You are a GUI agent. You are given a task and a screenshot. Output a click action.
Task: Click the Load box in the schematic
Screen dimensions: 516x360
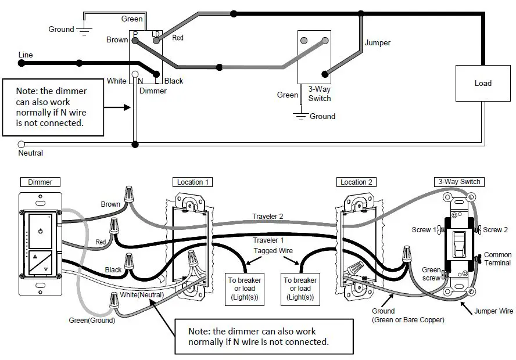[483, 83]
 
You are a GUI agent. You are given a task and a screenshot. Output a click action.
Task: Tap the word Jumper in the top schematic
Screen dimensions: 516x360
[378, 43]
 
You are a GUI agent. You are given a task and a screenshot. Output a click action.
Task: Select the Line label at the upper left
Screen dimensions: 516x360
[26, 55]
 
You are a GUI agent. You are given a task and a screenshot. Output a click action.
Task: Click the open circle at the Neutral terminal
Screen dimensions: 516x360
[21, 144]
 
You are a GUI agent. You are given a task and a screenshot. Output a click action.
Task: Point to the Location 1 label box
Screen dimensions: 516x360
[192, 182]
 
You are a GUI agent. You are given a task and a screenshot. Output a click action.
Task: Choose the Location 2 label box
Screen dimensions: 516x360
[356, 182]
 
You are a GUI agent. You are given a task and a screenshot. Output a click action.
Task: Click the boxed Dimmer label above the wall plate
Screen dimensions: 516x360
[40, 182]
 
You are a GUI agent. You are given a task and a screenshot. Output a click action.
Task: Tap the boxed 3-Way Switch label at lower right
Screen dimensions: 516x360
[459, 182]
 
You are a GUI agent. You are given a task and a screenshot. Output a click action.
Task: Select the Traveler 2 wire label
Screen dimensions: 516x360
[267, 217]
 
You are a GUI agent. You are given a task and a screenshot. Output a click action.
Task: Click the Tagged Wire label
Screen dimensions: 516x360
[273, 250]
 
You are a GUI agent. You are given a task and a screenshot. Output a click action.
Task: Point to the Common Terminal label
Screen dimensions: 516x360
[497, 259]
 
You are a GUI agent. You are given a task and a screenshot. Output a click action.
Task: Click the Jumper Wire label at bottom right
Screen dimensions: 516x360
[493, 311]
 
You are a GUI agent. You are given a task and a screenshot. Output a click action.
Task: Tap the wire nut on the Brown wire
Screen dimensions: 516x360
[128, 194]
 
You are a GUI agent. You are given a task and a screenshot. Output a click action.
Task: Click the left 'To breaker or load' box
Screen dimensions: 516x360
[245, 289]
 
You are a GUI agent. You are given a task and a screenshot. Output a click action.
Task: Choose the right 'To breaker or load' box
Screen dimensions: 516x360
[300, 289]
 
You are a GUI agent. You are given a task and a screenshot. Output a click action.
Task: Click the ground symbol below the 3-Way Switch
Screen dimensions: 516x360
[301, 116]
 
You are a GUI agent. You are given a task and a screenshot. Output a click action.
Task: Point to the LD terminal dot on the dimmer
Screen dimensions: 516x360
[156, 41]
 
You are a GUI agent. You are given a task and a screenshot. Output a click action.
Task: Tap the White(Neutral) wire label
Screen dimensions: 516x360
[142, 294]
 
